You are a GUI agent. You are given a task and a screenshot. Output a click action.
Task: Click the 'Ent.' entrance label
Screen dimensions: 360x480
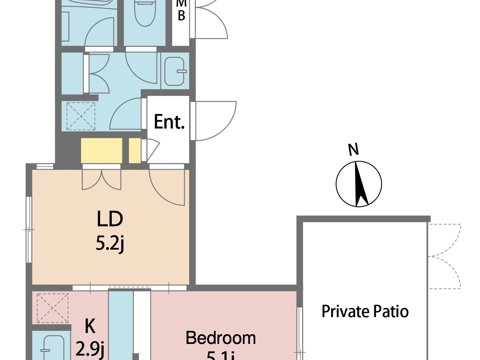[x=169, y=122]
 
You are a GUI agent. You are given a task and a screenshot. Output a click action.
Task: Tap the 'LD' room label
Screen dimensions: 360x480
[x=110, y=219]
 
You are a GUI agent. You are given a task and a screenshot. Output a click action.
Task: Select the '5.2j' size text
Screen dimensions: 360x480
[x=110, y=243]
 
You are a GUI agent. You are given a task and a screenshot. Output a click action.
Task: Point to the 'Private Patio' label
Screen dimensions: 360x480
[x=365, y=312]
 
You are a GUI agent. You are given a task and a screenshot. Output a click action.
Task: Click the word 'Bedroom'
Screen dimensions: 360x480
[x=220, y=338]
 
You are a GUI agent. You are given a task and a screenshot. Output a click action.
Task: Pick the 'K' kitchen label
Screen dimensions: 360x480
[x=90, y=326]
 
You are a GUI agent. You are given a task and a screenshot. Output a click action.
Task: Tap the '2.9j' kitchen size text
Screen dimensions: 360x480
[x=90, y=349]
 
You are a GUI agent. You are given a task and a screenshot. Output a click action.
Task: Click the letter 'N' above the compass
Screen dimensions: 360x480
[x=353, y=149]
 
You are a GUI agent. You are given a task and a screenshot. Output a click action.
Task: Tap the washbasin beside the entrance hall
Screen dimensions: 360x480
[x=175, y=71]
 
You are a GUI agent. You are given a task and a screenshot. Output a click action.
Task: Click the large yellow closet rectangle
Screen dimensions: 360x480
[x=101, y=151]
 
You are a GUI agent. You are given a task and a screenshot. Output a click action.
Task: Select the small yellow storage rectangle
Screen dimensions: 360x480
[x=135, y=151]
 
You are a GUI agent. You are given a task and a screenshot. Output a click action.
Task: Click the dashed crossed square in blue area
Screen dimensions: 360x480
[x=81, y=116]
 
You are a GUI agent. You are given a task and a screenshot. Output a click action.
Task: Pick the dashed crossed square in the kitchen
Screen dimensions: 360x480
[x=52, y=308]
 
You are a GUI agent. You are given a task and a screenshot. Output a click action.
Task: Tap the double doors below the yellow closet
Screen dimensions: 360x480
[x=101, y=179]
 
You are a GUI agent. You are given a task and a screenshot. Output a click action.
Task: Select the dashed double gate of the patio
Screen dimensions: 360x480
[x=444, y=256]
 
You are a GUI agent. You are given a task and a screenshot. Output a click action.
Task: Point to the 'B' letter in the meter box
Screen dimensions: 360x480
[x=181, y=15]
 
